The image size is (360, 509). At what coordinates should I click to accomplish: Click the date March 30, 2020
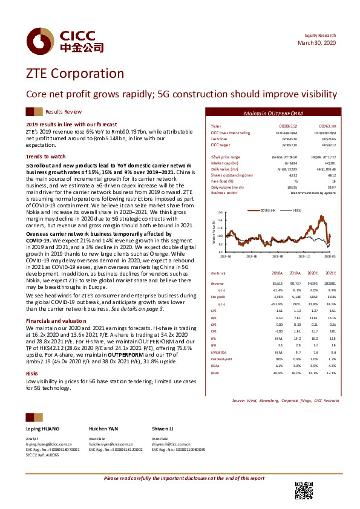(318, 44)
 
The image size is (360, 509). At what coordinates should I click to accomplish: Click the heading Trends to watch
(42, 156)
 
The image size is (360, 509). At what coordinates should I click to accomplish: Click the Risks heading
(32, 374)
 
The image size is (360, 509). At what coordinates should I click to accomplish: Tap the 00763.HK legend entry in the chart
(269, 210)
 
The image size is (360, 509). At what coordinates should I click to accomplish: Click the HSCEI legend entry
(297, 210)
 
